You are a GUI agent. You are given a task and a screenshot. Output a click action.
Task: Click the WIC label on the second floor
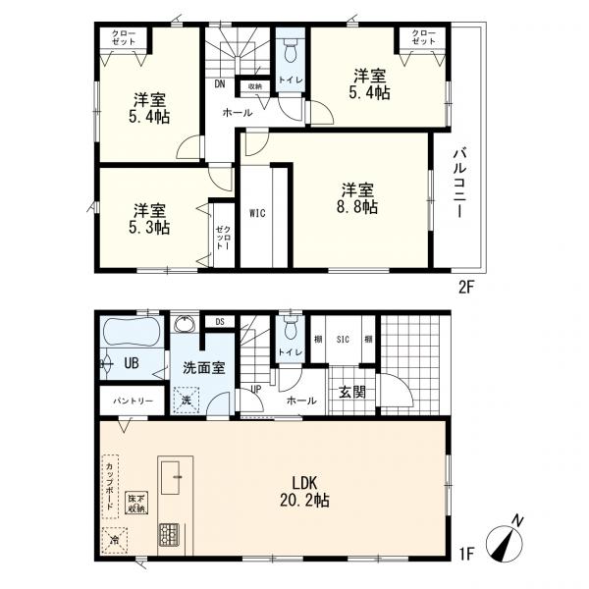[x=257, y=213]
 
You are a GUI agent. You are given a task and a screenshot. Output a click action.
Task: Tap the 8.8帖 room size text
[x=357, y=207]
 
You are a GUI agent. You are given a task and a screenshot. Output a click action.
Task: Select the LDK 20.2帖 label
[x=304, y=492]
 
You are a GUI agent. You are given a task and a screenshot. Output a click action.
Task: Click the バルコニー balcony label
[x=459, y=185]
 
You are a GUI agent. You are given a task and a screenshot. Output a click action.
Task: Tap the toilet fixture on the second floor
[x=290, y=51]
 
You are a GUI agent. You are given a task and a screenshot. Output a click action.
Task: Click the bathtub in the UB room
[x=132, y=332]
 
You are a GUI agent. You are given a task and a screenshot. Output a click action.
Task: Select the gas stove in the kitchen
[x=170, y=535]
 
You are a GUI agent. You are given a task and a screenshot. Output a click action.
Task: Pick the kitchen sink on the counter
[x=170, y=478]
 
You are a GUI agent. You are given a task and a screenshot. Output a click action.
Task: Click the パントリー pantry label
[x=134, y=401]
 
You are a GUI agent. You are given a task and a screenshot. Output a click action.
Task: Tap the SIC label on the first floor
[x=343, y=340]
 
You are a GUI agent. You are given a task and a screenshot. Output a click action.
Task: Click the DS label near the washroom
[x=220, y=322]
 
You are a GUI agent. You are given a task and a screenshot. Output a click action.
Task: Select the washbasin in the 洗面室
[x=185, y=324]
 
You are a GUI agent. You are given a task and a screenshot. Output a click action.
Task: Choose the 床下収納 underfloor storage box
[x=136, y=503]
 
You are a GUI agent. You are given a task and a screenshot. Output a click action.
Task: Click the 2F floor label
[x=466, y=288]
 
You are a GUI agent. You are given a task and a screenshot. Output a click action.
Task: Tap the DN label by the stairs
[x=220, y=84]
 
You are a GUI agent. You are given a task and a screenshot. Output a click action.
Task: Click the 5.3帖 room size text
[x=149, y=228]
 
